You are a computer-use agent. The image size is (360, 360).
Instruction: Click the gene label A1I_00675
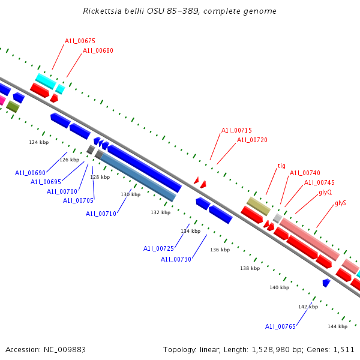click(80, 41)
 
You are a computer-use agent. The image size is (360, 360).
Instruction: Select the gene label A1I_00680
click(98, 50)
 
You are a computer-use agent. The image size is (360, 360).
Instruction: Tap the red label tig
click(281, 166)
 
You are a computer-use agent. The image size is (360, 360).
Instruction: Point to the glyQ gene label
click(325, 192)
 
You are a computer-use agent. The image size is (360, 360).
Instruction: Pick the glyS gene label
click(340, 203)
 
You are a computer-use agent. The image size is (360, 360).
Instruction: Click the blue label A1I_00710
click(101, 214)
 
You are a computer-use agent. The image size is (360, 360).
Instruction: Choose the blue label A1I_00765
click(280, 326)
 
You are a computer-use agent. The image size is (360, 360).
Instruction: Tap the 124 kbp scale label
click(39, 142)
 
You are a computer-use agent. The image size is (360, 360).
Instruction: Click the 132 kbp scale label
click(160, 212)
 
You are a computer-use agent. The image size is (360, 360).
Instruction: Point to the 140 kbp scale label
click(280, 287)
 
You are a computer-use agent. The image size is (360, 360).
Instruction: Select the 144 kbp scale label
click(337, 326)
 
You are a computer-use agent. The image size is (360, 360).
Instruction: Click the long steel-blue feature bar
click(138, 177)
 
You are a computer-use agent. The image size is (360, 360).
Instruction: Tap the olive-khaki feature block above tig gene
click(259, 206)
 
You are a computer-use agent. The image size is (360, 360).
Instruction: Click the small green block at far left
click(13, 106)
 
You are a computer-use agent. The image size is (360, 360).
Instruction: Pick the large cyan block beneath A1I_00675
click(46, 81)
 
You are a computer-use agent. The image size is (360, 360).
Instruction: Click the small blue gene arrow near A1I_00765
click(326, 283)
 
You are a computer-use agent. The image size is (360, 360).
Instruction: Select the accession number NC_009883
click(65, 350)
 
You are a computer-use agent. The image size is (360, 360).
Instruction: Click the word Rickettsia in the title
click(102, 11)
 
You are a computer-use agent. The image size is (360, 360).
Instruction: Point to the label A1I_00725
click(158, 248)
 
